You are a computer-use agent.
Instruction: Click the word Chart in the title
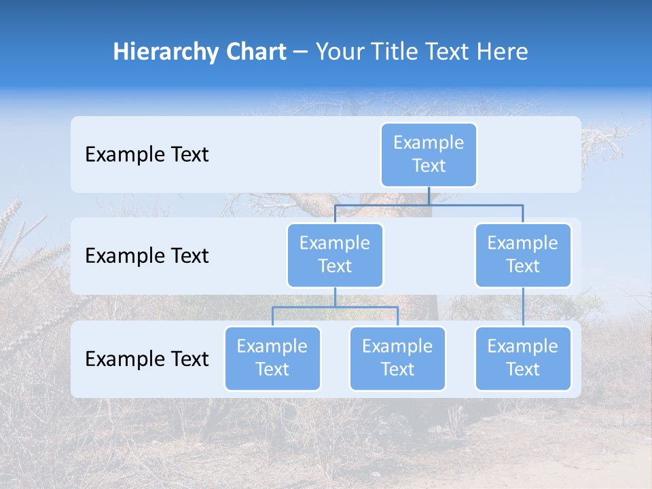click(253, 52)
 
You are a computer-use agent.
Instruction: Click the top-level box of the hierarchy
click(429, 154)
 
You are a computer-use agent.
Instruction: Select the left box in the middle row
click(335, 255)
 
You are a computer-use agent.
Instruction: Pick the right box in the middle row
click(523, 255)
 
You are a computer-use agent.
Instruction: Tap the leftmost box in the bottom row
click(272, 358)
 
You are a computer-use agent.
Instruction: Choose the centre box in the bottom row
click(397, 358)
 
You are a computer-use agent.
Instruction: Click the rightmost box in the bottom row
click(523, 358)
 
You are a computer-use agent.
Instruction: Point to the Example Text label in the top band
click(147, 154)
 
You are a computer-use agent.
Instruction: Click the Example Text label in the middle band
click(147, 255)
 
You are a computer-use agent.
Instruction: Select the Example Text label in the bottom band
click(147, 359)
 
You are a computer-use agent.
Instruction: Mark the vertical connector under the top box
click(429, 196)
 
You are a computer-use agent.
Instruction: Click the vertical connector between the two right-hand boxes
click(523, 306)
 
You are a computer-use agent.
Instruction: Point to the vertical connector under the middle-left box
click(335, 297)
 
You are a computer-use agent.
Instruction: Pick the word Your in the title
click(338, 52)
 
